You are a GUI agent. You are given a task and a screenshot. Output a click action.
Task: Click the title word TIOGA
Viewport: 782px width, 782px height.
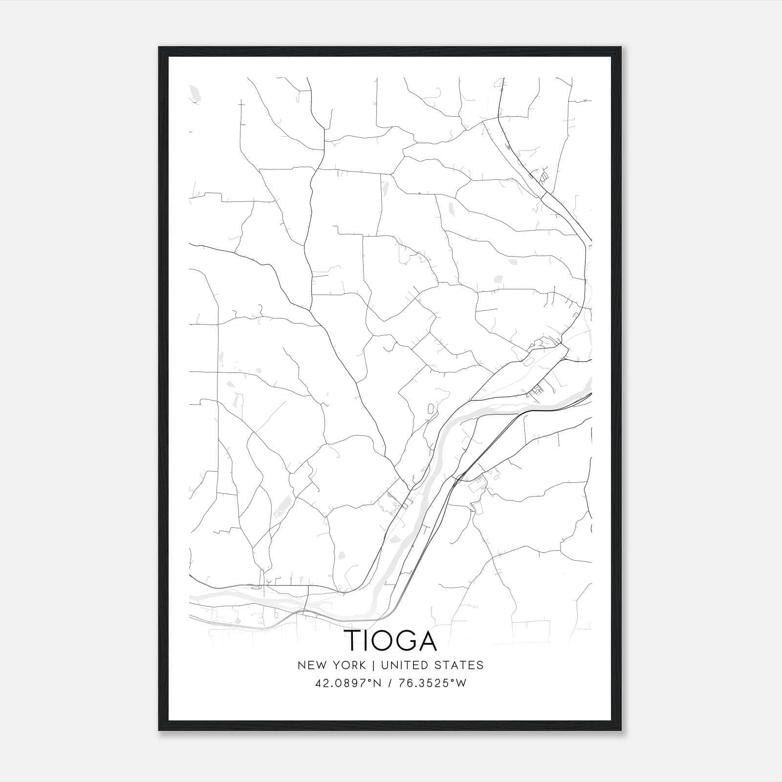coord(391,640)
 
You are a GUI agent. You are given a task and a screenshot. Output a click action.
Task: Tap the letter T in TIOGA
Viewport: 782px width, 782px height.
coord(354,640)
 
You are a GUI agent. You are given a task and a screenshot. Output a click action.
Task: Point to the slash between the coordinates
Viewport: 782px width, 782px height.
coord(390,683)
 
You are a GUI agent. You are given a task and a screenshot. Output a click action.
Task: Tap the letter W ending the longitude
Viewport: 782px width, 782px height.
coord(461,683)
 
